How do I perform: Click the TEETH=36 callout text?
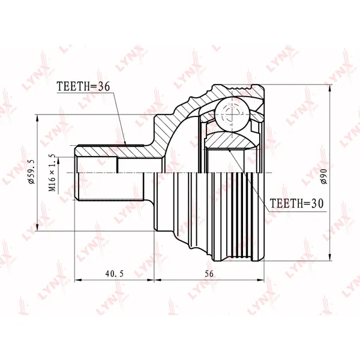[83, 86]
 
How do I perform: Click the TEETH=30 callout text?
[296, 203]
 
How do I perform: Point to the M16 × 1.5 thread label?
[52, 173]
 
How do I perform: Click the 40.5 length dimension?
[115, 274]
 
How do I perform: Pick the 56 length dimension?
[209, 274]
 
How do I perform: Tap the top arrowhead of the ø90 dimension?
[330, 89]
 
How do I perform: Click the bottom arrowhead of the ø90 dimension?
[330, 257]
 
